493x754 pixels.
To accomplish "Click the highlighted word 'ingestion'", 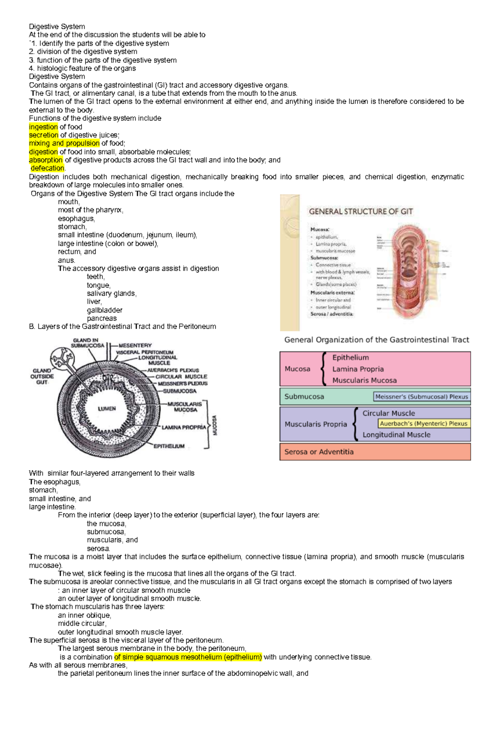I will pos(43,127).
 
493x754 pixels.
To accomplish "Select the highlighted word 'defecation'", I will pos(48,168).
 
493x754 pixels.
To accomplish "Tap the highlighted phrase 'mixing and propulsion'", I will pos(64,143).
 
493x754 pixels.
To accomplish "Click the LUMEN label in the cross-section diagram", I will pos(107,409).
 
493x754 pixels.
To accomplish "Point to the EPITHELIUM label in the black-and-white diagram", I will pos(169,446).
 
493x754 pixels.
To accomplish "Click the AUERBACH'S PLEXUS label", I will pos(173,370).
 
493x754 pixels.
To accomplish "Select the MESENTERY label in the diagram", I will pos(135,346).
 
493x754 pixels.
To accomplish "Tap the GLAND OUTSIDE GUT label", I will pos(42,376).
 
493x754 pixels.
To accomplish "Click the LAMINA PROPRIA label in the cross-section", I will pos(184,427).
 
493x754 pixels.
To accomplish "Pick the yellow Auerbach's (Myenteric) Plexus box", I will pos(424,424).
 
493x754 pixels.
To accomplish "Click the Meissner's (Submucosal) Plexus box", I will pos(422,397).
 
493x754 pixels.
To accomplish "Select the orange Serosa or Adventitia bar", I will pos(375,452).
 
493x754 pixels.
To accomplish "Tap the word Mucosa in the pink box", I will pos(297,369).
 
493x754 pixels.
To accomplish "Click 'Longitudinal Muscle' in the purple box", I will pos(396,435).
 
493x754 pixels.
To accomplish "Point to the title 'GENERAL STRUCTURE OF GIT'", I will pos(361,212).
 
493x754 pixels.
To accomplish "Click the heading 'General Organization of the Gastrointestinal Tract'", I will pos(376,340).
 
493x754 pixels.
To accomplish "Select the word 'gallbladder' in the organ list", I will pos(104,310).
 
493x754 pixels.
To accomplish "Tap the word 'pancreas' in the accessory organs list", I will pos(101,318).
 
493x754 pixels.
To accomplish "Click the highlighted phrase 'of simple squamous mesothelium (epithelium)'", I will pos(188,657).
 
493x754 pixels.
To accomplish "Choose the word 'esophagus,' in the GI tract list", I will pos(76,219).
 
